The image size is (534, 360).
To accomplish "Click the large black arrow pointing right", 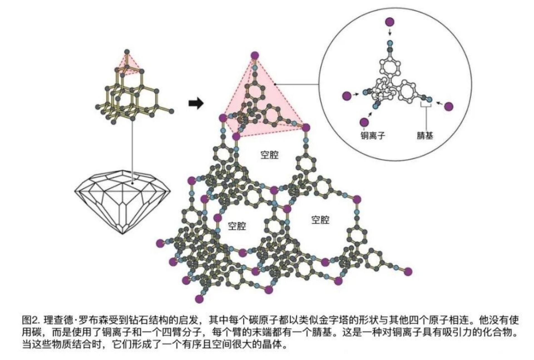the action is pyautogui.click(x=196, y=103).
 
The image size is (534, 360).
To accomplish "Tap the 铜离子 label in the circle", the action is pyautogui.click(x=372, y=136).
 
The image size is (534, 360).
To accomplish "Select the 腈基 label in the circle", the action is pyautogui.click(x=425, y=136).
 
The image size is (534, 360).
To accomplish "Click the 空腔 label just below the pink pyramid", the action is pyautogui.click(x=269, y=155).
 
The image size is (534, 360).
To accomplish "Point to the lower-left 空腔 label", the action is pyautogui.click(x=237, y=226).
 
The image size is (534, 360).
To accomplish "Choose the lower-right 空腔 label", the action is pyautogui.click(x=320, y=220).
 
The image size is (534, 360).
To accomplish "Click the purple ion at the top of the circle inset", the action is pyautogui.click(x=390, y=22).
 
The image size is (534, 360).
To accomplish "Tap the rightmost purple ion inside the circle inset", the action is pyautogui.click(x=449, y=106).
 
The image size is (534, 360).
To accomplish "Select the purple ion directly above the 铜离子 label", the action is pyautogui.click(x=364, y=122).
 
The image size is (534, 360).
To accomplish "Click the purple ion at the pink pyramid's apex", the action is pyautogui.click(x=255, y=55).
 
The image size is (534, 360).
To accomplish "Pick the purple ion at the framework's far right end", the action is pyautogui.click(x=408, y=271).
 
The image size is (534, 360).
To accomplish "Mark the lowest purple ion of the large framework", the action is pyautogui.click(x=199, y=299).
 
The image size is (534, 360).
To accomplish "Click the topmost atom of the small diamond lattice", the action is pyautogui.click(x=127, y=52).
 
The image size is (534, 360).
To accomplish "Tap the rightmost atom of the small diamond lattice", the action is pyautogui.click(x=171, y=111).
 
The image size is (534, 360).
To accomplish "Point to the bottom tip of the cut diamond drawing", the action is pyautogui.click(x=123, y=234).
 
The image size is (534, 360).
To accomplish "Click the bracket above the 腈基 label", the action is pyautogui.click(x=426, y=106).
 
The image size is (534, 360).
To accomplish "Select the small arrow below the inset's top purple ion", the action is pyautogui.click(x=390, y=33).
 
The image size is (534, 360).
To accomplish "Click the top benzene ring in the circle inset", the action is pyautogui.click(x=389, y=67).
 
